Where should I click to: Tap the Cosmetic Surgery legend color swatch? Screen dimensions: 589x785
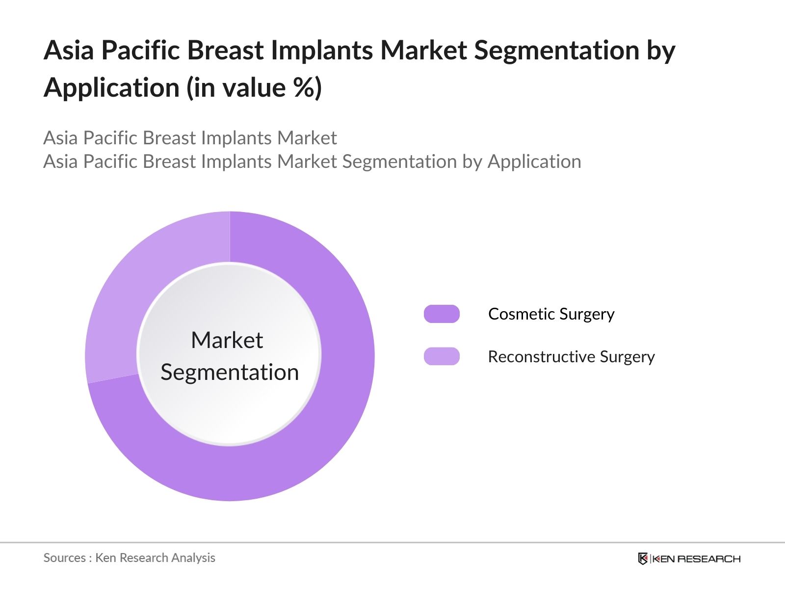(x=442, y=314)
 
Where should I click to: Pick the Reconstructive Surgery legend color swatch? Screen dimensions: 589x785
(x=442, y=356)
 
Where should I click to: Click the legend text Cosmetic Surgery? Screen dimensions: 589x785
(x=551, y=314)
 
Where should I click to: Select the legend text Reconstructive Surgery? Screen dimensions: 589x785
(x=571, y=356)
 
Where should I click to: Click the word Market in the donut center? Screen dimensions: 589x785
(x=227, y=340)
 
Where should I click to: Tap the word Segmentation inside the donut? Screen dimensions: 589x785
(x=230, y=372)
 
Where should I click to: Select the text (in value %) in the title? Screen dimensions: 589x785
(x=254, y=88)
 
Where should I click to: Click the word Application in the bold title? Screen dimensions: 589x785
(x=111, y=88)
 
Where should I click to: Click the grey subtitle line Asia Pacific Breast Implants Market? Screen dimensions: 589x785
(x=190, y=138)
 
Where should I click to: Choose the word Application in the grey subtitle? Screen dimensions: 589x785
(x=534, y=161)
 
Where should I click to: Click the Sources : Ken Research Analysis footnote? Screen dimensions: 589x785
(x=129, y=558)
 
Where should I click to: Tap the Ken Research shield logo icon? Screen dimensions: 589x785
(x=643, y=559)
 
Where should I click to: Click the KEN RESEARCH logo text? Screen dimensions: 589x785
(x=696, y=559)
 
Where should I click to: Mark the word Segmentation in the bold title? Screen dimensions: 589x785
(x=556, y=50)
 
